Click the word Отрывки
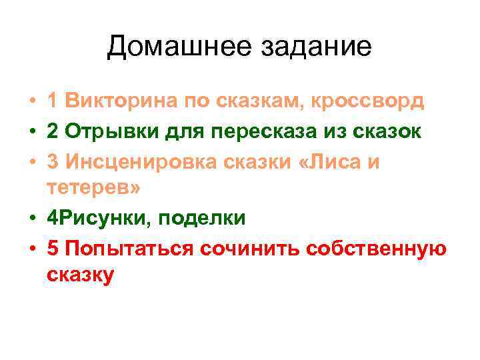pos(111,131)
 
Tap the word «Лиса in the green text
pos(331,161)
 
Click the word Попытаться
pos(127,247)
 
